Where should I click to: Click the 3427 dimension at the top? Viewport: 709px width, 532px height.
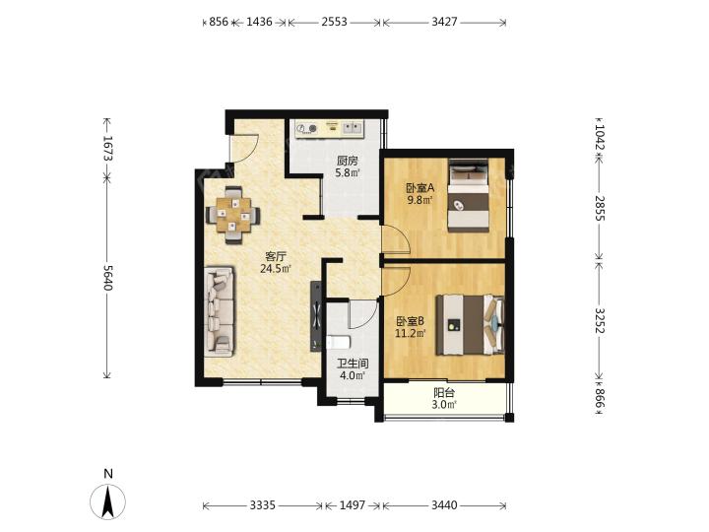pos(444,22)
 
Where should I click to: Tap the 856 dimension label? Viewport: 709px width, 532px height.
pos(219,22)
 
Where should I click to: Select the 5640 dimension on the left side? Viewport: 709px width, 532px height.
pos(107,277)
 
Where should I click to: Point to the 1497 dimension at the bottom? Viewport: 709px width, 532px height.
pos(353,504)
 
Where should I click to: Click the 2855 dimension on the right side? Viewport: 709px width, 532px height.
pos(600,208)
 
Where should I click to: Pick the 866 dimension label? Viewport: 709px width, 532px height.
pos(600,398)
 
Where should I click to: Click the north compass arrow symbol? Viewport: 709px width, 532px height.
pos(107,501)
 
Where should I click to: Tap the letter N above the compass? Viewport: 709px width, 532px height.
pos(108,474)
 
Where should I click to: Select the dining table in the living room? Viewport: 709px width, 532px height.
pos(232,215)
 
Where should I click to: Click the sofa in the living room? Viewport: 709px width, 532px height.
pos(220,311)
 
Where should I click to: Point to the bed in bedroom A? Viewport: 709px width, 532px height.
pos(469,195)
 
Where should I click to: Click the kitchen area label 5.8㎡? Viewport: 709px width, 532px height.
pos(348,172)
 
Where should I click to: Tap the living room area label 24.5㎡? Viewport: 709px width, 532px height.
pos(276,269)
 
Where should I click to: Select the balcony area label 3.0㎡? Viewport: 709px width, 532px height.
pos(444,405)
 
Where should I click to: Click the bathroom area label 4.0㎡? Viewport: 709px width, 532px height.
pos(353,375)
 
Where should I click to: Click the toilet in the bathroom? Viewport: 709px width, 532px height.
pos(338,342)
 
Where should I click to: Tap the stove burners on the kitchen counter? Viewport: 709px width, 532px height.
pos(306,128)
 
